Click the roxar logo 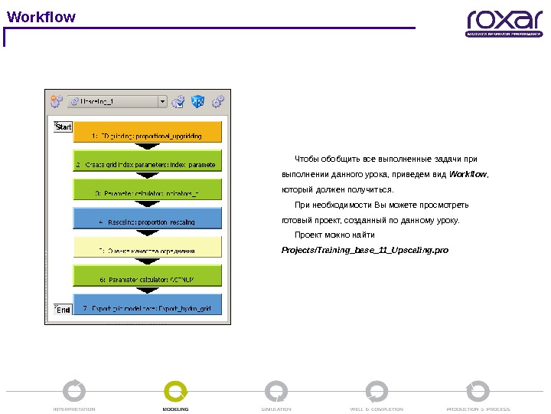pyautogui.click(x=504, y=24)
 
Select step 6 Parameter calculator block pyautogui.click(x=147, y=277)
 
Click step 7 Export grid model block pyautogui.click(x=147, y=306)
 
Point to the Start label pyautogui.click(x=64, y=127)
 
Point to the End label pyautogui.click(x=64, y=310)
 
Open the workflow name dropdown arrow pyautogui.click(x=162, y=100)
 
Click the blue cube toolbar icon pyautogui.click(x=197, y=100)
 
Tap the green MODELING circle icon pyautogui.click(x=175, y=391)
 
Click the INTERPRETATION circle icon pyautogui.click(x=74, y=391)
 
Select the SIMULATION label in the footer pyautogui.click(x=276, y=409)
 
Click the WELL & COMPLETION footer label pyautogui.click(x=377, y=409)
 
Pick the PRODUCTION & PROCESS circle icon pyautogui.click(x=478, y=391)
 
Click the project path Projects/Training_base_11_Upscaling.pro pyautogui.click(x=365, y=250)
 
